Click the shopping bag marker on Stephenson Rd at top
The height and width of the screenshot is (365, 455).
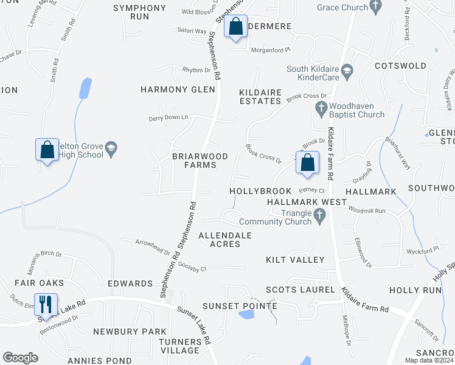[235, 27]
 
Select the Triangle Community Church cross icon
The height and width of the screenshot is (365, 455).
[319, 215]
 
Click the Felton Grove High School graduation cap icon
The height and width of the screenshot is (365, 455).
[111, 148]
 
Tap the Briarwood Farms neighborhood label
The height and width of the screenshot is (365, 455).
[200, 161]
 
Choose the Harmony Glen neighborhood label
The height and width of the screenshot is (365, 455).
[178, 89]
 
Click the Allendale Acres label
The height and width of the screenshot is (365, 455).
[226, 239]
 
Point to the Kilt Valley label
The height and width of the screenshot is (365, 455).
[296, 260]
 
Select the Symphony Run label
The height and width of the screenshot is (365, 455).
[139, 12]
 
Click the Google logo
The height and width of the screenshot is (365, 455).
[20, 358]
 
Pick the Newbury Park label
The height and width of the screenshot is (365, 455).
[130, 332]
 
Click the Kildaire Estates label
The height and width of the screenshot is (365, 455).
[260, 96]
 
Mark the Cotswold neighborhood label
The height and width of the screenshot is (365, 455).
[400, 65]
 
